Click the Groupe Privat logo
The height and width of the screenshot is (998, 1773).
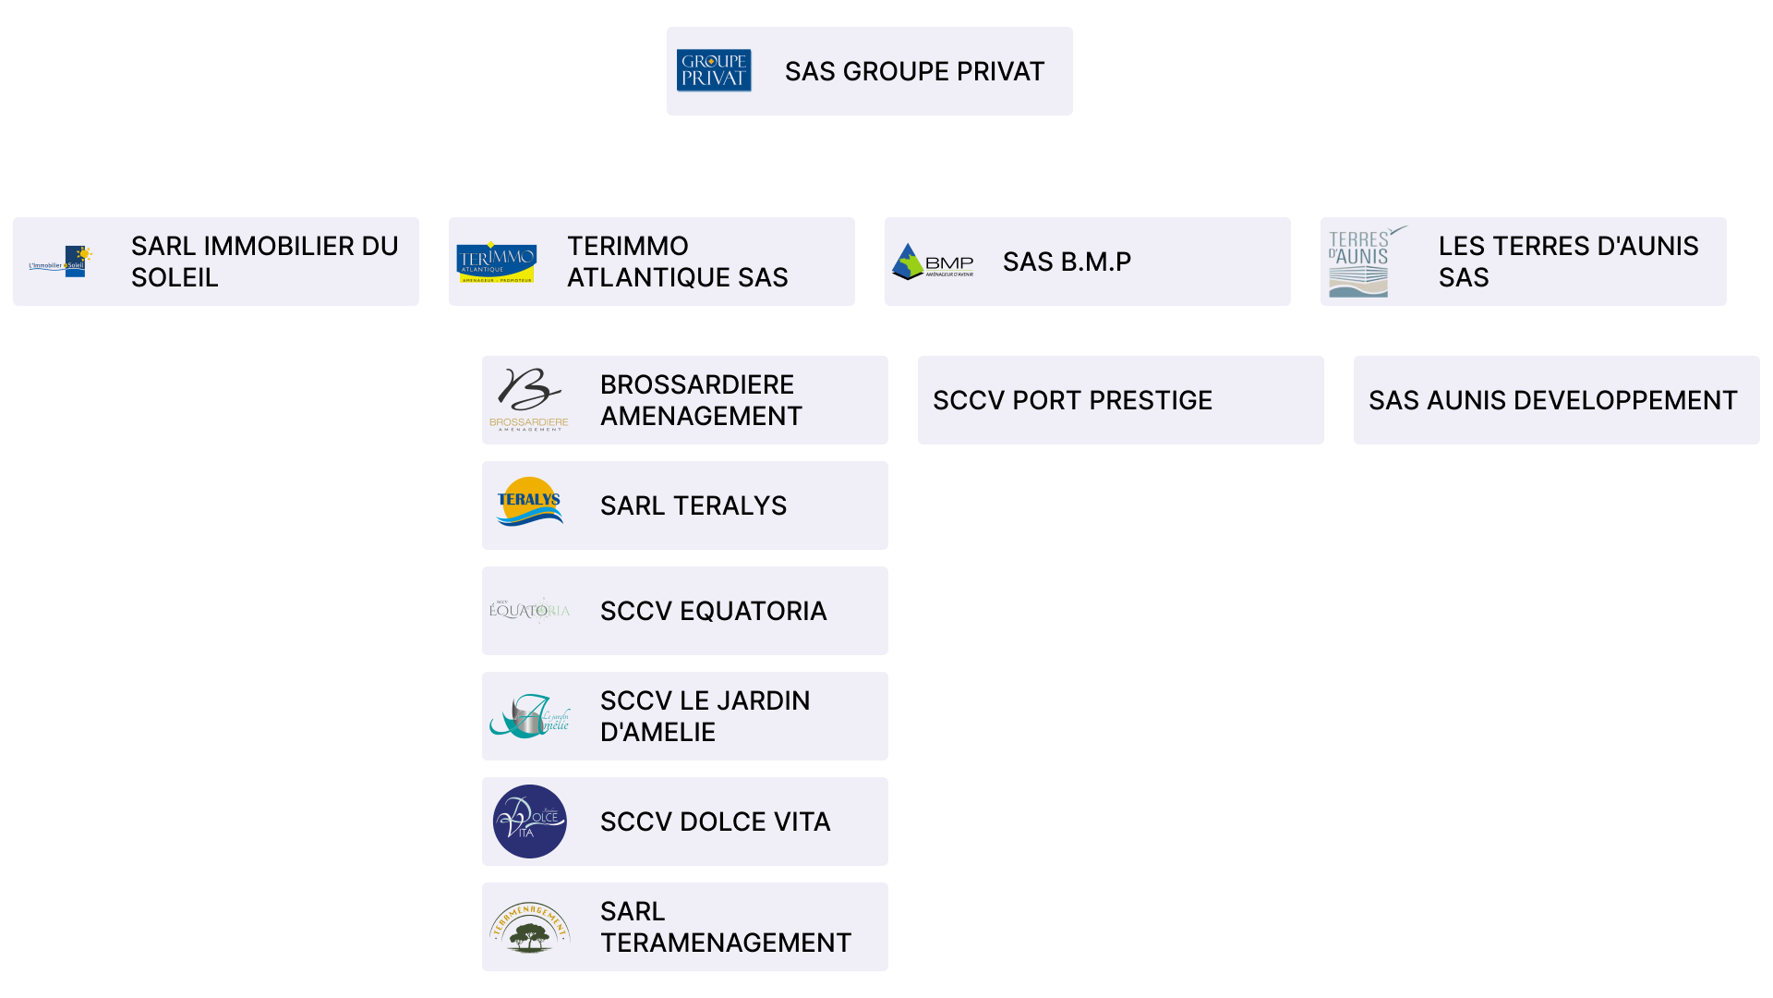pos(714,70)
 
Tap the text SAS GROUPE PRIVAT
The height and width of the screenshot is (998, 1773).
pos(914,71)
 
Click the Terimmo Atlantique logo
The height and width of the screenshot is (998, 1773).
pos(497,262)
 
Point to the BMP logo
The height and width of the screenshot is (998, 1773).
pos(933,262)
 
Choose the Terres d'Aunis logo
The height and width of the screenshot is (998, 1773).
pos(1363,262)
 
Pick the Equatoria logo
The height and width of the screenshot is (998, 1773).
pos(529,611)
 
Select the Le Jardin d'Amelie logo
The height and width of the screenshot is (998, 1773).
pos(529,716)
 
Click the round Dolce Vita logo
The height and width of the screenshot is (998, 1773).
pos(529,822)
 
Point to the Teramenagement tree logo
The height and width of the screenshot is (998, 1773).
pos(529,928)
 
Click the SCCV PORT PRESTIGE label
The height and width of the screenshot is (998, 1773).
pos(1072,400)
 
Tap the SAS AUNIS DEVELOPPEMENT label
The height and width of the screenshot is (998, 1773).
pos(1552,400)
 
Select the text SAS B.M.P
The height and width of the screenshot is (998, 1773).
pos(1067,262)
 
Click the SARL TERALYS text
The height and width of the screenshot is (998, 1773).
pos(694,505)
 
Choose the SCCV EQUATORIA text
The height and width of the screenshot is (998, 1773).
pos(713,611)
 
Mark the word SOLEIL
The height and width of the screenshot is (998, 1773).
pos(175,277)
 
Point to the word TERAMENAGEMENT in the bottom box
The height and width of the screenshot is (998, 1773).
pos(725,943)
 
